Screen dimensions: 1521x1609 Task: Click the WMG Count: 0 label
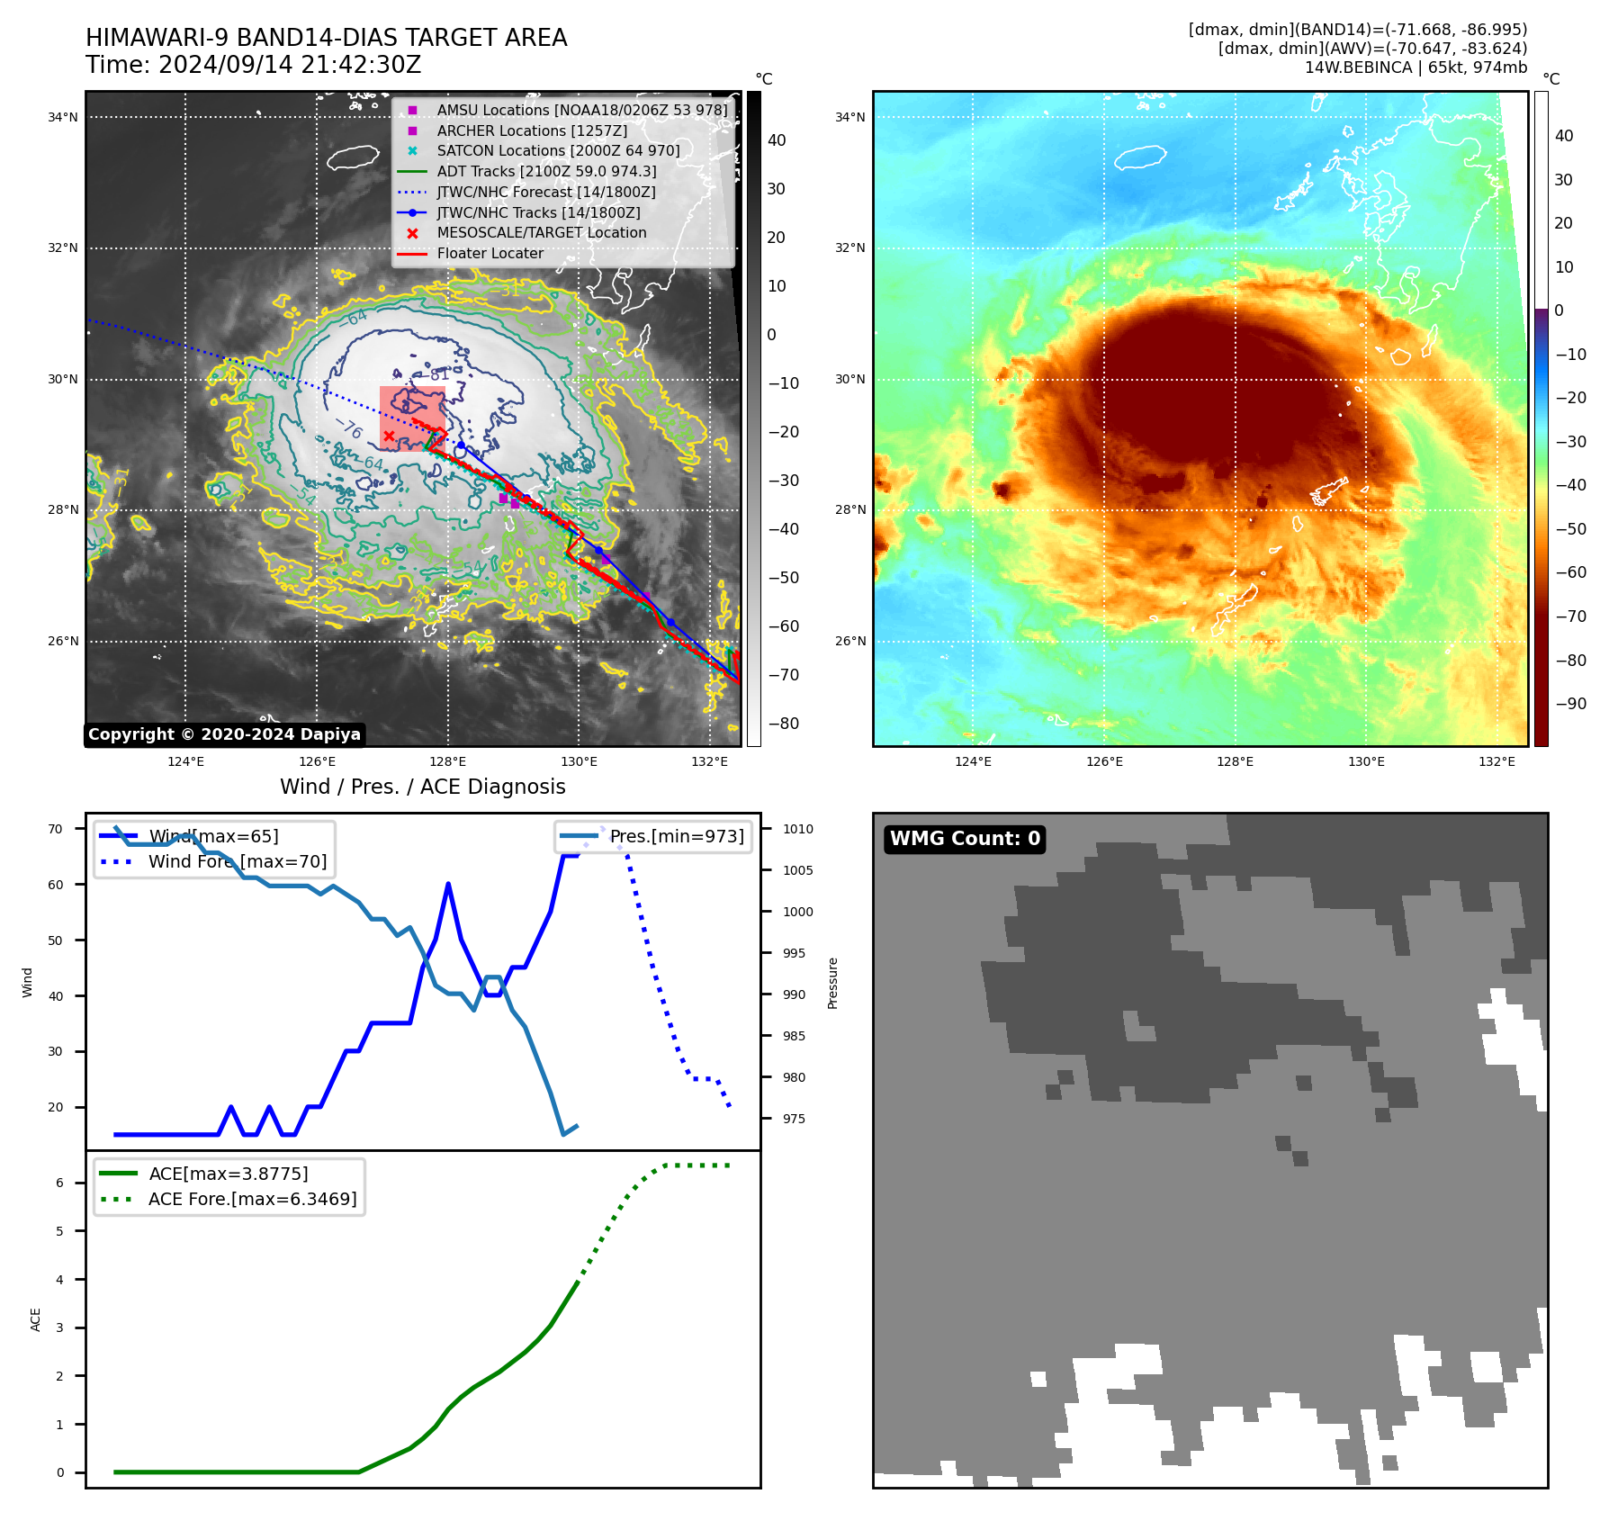pos(965,839)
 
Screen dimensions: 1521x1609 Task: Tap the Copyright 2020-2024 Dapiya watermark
pos(224,734)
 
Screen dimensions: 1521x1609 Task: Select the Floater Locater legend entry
pos(490,254)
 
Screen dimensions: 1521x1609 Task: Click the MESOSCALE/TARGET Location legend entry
pos(541,233)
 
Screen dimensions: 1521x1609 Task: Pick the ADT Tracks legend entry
pos(546,172)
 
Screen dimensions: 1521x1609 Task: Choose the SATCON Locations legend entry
pos(558,151)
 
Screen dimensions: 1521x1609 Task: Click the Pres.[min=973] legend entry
pos(676,837)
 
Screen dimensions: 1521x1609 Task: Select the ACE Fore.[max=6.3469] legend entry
pos(252,1200)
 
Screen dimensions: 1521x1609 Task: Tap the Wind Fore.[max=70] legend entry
pos(237,862)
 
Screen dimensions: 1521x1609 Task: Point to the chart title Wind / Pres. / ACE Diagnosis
pos(423,787)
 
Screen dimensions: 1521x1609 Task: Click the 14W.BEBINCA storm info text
pos(1416,67)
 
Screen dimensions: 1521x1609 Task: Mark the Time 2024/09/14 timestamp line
pos(254,66)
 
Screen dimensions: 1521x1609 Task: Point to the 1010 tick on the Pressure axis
pos(797,830)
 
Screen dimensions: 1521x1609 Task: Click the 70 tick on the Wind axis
pos(56,830)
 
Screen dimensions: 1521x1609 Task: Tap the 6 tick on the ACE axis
pos(60,1183)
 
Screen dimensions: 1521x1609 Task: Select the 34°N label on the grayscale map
pos(63,118)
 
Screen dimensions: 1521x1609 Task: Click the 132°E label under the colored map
pos(1497,762)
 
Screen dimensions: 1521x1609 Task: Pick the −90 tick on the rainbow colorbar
pos(1570,704)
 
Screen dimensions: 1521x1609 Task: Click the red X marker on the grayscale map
pos(389,436)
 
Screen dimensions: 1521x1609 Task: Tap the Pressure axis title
pos(833,983)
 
